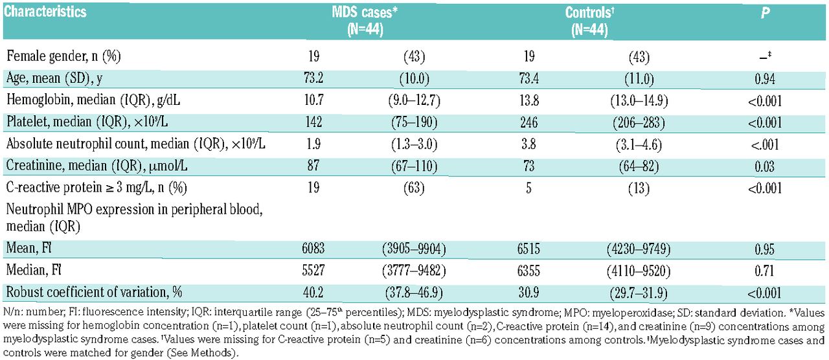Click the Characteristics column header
pyautogui.click(x=45, y=12)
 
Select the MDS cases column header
pyautogui.click(x=365, y=21)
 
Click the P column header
pyautogui.click(x=765, y=13)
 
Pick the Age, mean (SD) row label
pyautogui.click(x=54, y=78)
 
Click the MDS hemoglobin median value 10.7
pyautogui.click(x=314, y=100)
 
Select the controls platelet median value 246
pyautogui.click(x=529, y=122)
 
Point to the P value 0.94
pyautogui.click(x=765, y=79)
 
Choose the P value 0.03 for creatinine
pyautogui.click(x=765, y=166)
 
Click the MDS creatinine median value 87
pyautogui.click(x=313, y=165)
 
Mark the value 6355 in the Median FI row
pyautogui.click(x=529, y=271)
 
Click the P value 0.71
pyautogui.click(x=765, y=271)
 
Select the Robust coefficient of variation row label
pyautogui.click(x=94, y=292)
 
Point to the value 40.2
pyautogui.click(x=313, y=293)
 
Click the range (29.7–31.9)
pyautogui.click(x=639, y=293)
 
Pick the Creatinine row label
pyautogui.click(x=97, y=166)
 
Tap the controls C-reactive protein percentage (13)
pyautogui.click(x=639, y=188)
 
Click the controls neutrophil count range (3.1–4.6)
pyautogui.click(x=639, y=144)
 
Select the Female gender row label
pyautogui.click(x=63, y=56)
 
